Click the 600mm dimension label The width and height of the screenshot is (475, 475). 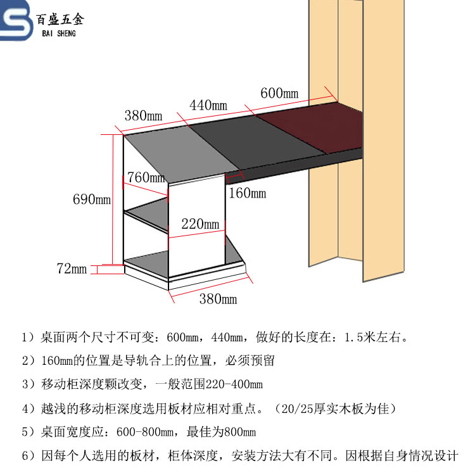(x=279, y=94)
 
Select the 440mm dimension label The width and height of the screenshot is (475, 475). (x=208, y=105)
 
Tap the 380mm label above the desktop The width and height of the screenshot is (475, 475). (x=143, y=116)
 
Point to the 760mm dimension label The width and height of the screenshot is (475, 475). (x=146, y=177)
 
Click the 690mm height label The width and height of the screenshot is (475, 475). (x=91, y=200)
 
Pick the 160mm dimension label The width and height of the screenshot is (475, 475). (x=247, y=193)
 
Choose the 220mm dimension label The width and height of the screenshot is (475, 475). (x=200, y=224)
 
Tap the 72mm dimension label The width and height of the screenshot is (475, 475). (x=72, y=269)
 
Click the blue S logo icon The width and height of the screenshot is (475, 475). (x=18, y=23)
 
